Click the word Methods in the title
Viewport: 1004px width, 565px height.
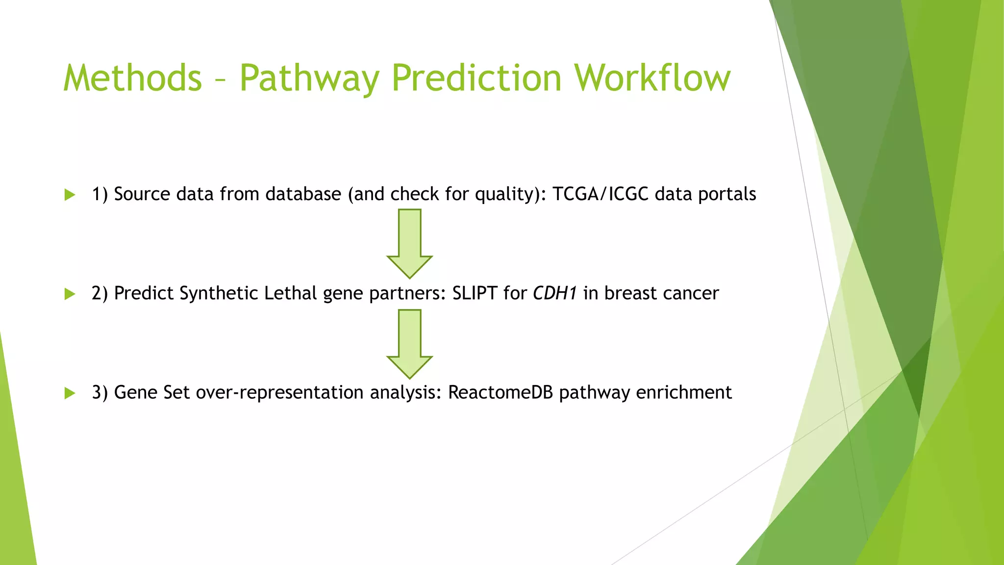click(132, 78)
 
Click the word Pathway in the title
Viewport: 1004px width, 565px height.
click(309, 78)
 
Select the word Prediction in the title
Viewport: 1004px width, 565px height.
click(477, 78)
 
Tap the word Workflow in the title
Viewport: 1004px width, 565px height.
click(653, 78)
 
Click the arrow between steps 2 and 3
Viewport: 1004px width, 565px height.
click(410, 344)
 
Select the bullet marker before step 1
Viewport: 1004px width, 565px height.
click(70, 195)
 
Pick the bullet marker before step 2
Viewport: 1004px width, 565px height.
click(70, 294)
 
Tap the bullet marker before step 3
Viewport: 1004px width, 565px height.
click(70, 393)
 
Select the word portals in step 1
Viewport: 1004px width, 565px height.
click(727, 194)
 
